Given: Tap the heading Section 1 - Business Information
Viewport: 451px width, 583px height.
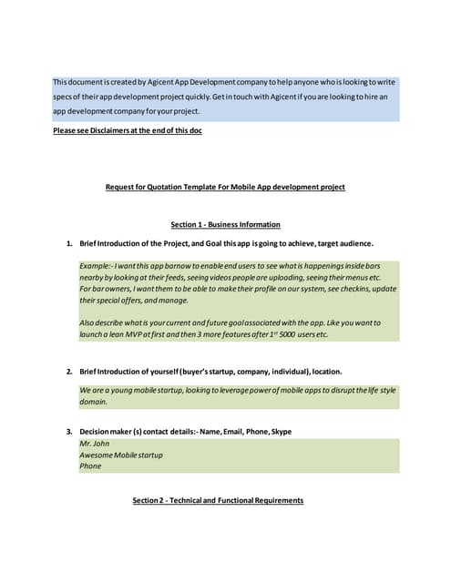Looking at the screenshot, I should tap(225, 224).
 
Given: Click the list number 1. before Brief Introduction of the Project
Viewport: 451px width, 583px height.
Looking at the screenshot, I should tap(69, 243).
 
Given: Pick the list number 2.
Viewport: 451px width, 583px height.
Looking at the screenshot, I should tap(69, 373).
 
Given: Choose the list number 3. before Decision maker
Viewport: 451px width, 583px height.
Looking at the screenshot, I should tap(69, 431).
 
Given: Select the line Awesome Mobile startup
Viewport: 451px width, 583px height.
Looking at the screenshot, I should tap(121, 455).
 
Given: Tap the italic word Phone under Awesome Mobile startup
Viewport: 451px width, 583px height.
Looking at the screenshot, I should tap(90, 465).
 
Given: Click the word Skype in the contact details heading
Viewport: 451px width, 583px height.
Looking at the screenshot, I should tap(282, 431).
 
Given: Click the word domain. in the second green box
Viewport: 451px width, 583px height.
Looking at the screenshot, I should tap(94, 401).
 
